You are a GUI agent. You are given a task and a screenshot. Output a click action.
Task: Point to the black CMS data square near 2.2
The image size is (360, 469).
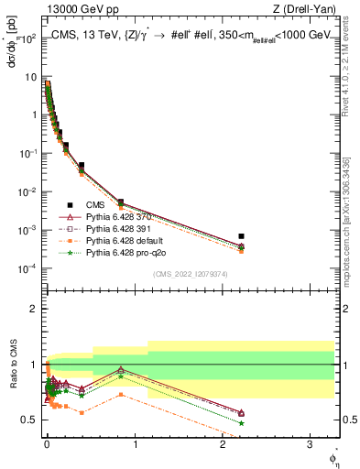(241, 236)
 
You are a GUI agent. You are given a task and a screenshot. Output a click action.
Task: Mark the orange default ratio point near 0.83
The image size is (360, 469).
(120, 395)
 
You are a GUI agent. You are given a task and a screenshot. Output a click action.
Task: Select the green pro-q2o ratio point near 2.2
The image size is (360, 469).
(241, 423)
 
